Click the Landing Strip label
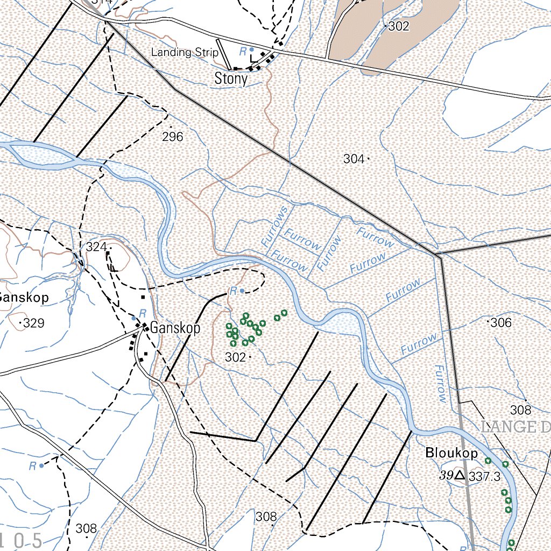(x=185, y=52)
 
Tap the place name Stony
(x=231, y=79)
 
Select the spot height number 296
(x=172, y=137)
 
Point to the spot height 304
(x=354, y=159)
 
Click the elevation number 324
(x=96, y=247)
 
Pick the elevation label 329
(x=34, y=323)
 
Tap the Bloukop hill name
(x=451, y=453)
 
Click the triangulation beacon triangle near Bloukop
(x=459, y=475)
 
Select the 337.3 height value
(x=484, y=476)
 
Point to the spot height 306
(x=501, y=323)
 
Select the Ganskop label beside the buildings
(x=175, y=328)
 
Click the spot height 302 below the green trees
(x=235, y=357)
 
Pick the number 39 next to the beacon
(x=445, y=475)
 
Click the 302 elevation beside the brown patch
(x=399, y=26)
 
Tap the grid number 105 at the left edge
(x=22, y=540)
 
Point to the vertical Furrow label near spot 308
(x=440, y=384)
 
